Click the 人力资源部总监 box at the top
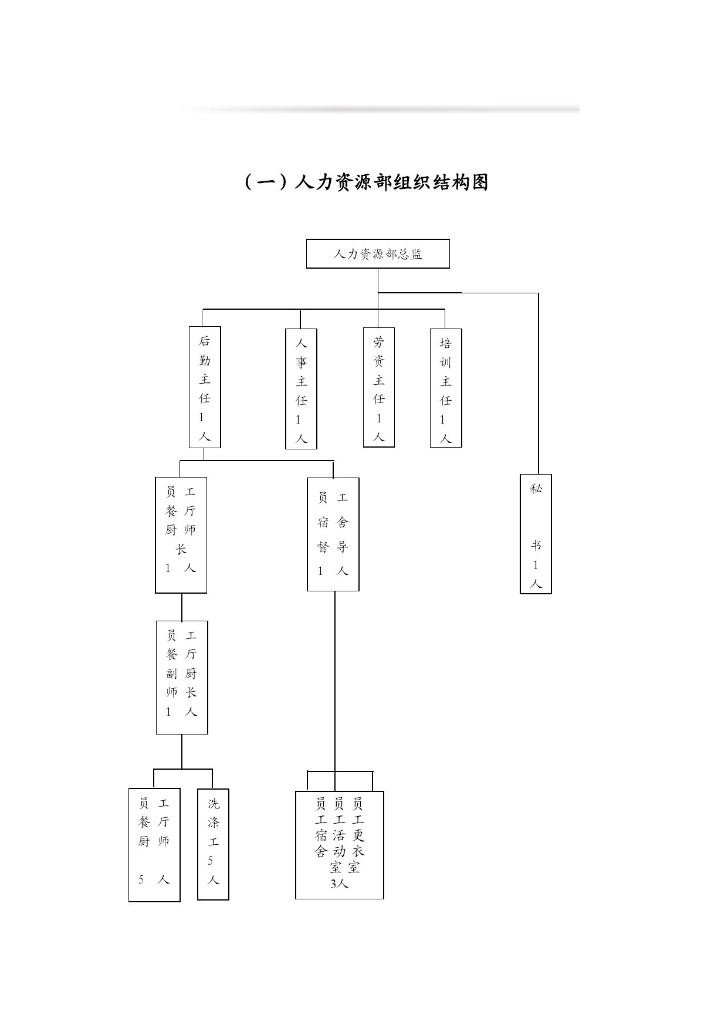378,253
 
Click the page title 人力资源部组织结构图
366,182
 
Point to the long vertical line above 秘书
539,384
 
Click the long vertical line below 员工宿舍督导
335,691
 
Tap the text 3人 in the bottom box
339,884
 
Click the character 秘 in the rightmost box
536,489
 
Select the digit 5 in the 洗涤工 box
210,861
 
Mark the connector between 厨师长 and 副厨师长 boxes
182,607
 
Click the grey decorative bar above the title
381,109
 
